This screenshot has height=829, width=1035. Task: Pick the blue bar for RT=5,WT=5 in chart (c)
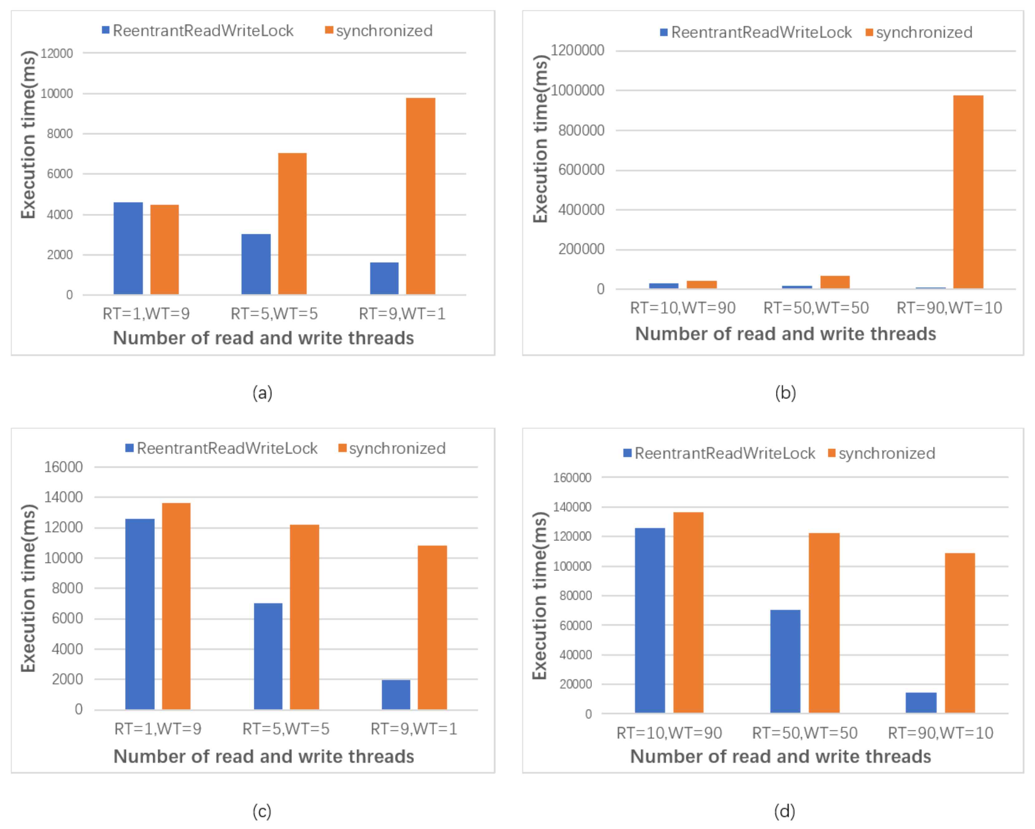click(268, 656)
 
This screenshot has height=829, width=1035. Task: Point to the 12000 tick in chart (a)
click(57, 53)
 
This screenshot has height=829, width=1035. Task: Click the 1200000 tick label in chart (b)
click(577, 50)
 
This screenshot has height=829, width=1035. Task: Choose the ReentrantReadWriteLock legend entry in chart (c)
click(222, 448)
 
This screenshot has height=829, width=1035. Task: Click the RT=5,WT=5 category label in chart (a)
click(274, 314)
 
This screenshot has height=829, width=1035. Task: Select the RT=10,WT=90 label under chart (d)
click(669, 733)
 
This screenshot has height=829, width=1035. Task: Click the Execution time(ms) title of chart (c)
click(28, 588)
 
